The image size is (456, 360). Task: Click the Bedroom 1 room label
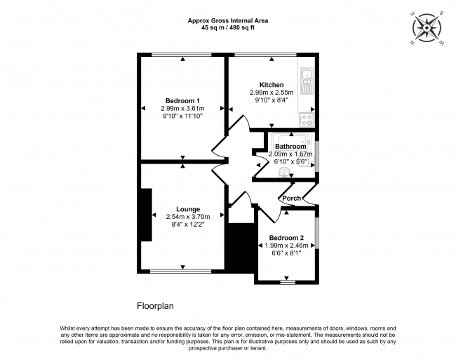[x=182, y=101]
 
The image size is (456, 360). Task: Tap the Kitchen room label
[x=271, y=85]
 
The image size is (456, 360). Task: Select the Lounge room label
[x=188, y=209]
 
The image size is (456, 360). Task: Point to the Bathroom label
[x=290, y=146]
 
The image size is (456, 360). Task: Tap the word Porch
[x=292, y=198]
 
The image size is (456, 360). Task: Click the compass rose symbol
[x=427, y=28]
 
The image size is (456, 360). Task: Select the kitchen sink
[x=307, y=81]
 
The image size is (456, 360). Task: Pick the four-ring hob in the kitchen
[x=307, y=119]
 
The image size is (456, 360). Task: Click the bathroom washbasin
[x=283, y=173]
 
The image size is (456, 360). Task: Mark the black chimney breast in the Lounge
[x=147, y=215]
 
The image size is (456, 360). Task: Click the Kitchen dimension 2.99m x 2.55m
[x=271, y=93]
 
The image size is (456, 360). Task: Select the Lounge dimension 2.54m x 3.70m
[x=188, y=217]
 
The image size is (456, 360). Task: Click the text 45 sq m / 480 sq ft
[x=228, y=28]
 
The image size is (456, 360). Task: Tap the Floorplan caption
[x=155, y=306]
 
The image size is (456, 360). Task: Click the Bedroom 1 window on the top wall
[x=182, y=55]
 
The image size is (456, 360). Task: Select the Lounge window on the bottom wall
[x=180, y=272]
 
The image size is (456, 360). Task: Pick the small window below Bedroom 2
[x=288, y=282]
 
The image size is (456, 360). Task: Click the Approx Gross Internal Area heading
[x=228, y=20]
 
